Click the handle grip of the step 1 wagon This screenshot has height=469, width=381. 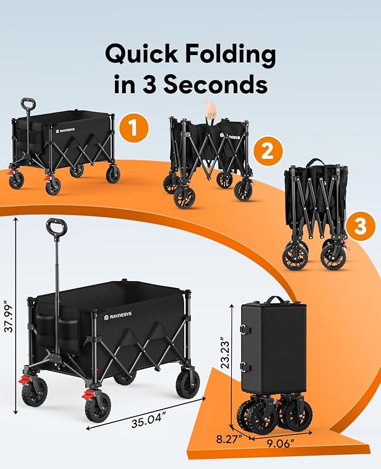coord(28,104)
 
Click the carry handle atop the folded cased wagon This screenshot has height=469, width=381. coord(273,300)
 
